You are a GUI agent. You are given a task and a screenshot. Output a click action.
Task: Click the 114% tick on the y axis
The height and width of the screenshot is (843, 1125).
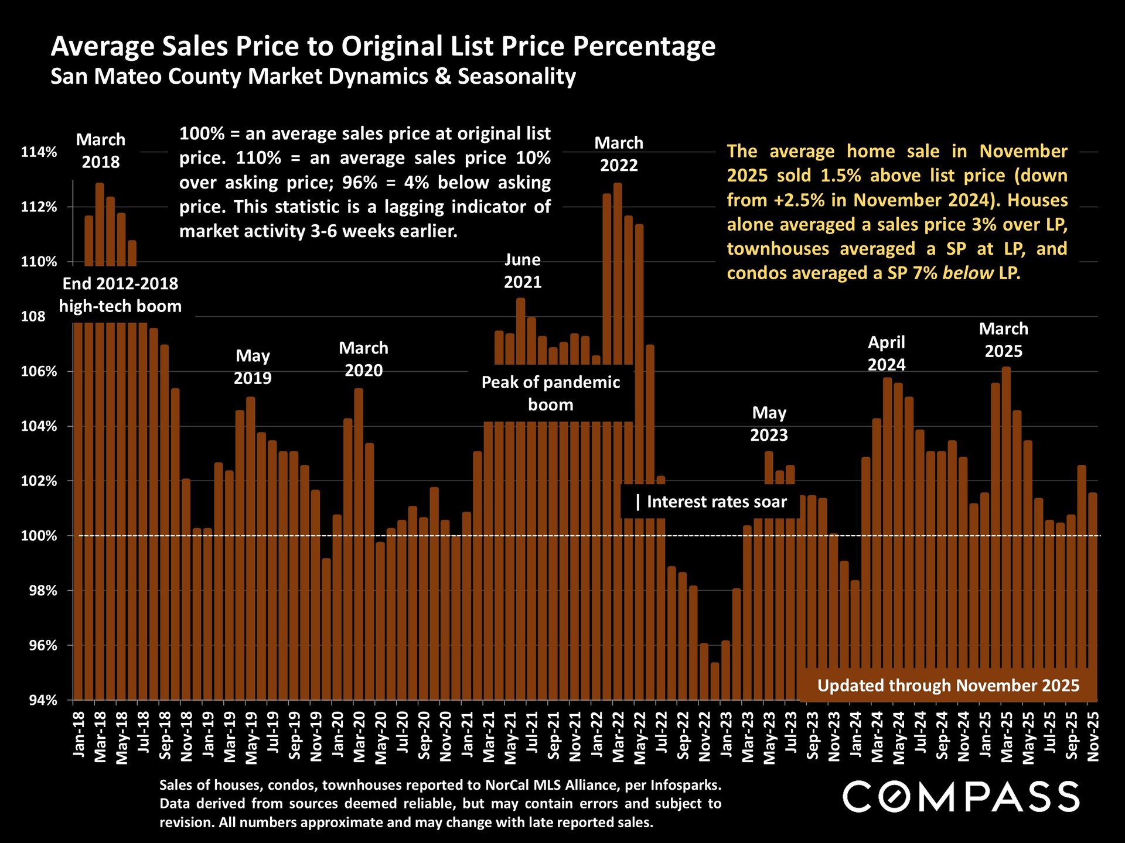tap(39, 152)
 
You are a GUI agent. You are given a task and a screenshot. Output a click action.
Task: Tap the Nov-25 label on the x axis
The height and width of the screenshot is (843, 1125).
tap(1093, 736)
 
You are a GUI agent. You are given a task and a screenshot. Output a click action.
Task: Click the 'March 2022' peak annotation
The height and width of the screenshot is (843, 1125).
tap(619, 154)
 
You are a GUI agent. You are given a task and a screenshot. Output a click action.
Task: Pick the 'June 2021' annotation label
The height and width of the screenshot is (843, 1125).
tap(523, 271)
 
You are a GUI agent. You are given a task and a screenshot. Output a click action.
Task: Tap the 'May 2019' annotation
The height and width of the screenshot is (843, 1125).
tap(253, 367)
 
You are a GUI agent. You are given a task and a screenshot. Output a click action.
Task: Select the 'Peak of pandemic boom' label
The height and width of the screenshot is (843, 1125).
tap(551, 393)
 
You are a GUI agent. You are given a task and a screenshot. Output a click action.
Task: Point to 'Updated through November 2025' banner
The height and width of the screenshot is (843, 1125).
tap(948, 686)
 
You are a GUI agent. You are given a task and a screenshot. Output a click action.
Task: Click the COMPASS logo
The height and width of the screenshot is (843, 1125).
tap(961, 797)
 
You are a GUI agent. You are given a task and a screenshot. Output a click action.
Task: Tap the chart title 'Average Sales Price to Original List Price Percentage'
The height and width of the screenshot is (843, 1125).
tap(383, 46)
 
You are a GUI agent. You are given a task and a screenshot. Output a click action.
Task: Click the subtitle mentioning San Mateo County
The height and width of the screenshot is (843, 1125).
tap(313, 77)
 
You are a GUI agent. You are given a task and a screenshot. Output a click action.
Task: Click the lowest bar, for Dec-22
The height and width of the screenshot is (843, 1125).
tap(715, 681)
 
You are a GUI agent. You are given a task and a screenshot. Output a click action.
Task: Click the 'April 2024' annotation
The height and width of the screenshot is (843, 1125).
tap(887, 354)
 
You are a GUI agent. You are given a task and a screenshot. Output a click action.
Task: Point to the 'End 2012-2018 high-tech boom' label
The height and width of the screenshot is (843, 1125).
tap(120, 295)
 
